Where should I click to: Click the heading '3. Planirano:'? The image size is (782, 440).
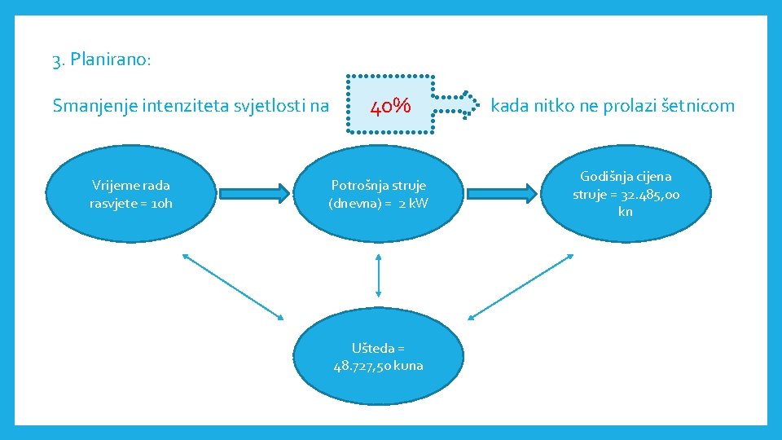coord(101,60)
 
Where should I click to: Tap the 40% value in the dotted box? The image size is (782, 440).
coord(390,106)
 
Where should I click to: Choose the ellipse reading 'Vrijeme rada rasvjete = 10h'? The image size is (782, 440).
coord(131,194)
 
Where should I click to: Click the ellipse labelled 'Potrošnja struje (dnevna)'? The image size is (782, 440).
coord(378,194)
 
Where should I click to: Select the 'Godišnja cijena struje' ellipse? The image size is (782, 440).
coord(626,194)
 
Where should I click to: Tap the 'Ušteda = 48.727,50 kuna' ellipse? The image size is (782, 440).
coord(378,357)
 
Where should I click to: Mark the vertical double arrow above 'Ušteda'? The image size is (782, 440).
coord(378,275)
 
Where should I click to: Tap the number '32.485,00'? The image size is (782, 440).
coord(648,194)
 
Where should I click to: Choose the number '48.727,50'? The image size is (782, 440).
coord(364,366)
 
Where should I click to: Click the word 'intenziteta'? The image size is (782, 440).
coord(183,106)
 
